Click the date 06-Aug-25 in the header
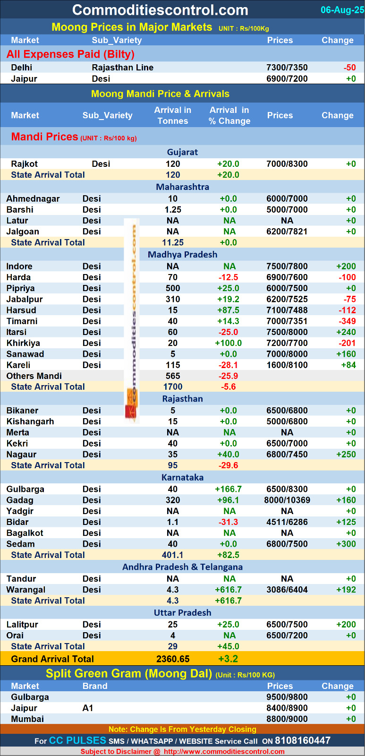coord(342,10)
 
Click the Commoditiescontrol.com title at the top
coord(160,10)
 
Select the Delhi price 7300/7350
coord(287,68)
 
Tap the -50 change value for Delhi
coord(349,68)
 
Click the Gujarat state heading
coord(182,152)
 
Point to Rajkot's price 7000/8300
coord(287,164)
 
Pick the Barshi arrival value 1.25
coord(173,210)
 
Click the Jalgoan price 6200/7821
coord(287,232)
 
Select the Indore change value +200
coord(346,266)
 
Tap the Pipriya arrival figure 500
coord(173,288)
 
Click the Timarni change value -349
coord(348,321)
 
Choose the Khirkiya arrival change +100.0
coord(228,343)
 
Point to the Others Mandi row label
coord(34,376)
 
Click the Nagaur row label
coord(21,455)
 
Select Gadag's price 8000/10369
coord(287,500)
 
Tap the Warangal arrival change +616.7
coord(228,590)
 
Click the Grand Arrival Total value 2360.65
coord(173,659)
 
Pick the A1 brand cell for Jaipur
coord(88,708)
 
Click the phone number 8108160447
coord(303,740)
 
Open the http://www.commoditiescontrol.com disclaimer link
coord(224,752)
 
